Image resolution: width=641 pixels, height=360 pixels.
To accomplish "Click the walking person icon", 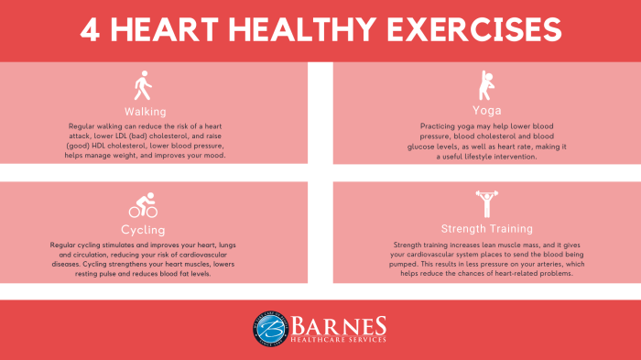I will pyautogui.click(x=141, y=88).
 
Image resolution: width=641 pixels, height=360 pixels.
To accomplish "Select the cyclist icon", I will pyautogui.click(x=142, y=204).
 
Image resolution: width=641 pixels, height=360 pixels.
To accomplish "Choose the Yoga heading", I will pyautogui.click(x=486, y=110).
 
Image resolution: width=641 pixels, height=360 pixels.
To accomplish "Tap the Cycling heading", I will pyautogui.click(x=142, y=228).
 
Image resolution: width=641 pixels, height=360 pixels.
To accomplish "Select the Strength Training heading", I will pyautogui.click(x=486, y=228).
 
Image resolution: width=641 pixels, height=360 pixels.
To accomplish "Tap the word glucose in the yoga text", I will pyautogui.click(x=435, y=146).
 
